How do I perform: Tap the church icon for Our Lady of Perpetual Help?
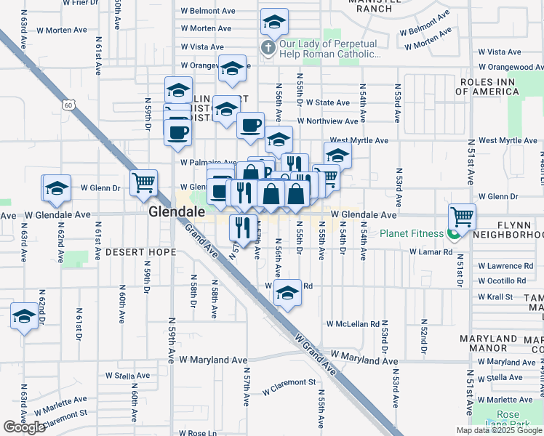pos(268,49)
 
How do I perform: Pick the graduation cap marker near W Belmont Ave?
pos(274,23)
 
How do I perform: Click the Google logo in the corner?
pos(24,427)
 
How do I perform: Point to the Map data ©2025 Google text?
pos(499,430)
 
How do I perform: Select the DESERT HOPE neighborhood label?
pos(140,252)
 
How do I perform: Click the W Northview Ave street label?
pos(332,121)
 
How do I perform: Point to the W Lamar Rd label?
pos(431,251)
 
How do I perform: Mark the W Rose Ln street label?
pos(198,433)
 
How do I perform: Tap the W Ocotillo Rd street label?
pos(506,280)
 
